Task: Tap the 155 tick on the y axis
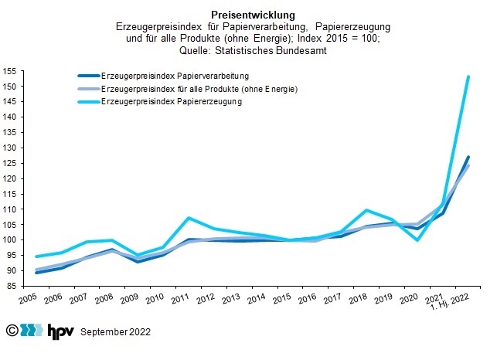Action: pos(10,71)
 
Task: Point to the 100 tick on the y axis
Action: pos(10,239)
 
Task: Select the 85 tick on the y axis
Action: pos(10,286)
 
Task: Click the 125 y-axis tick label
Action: pos(10,163)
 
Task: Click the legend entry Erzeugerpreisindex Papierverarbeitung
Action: pos(175,76)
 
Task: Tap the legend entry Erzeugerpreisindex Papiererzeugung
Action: pos(172,102)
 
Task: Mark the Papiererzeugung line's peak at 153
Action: pos(468,76)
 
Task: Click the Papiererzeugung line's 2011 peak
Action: pos(188,218)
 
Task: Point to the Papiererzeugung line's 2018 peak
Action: pos(366,210)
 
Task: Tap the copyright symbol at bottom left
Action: pos(12,331)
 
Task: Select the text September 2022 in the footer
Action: pos(116,332)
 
